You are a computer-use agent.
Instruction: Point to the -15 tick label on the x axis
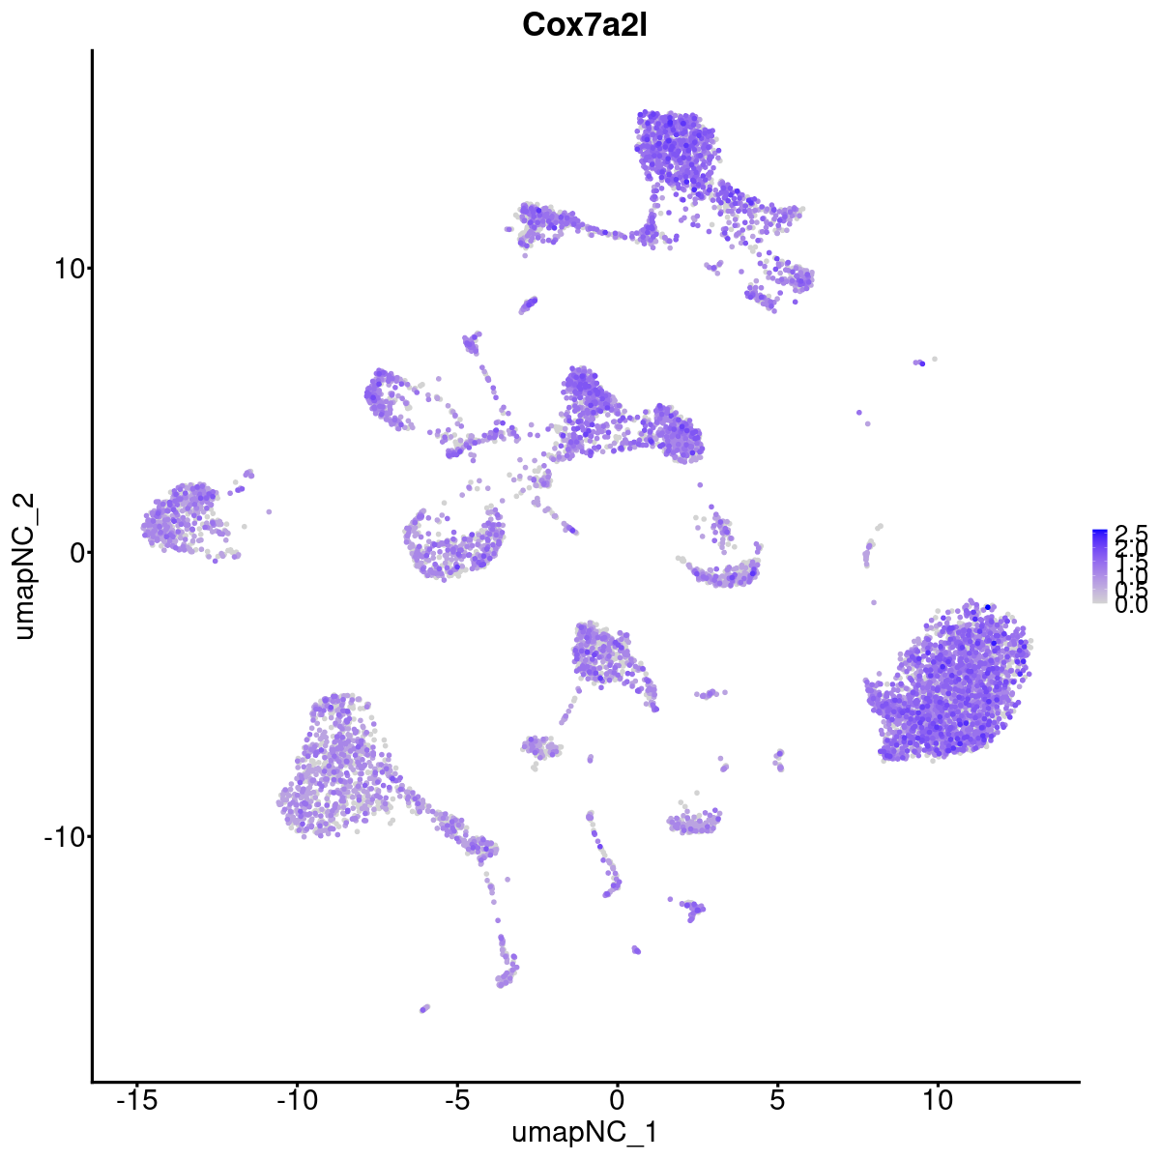click(137, 1100)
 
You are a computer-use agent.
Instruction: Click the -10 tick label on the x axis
click(297, 1100)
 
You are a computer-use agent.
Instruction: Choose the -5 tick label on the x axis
click(456, 1100)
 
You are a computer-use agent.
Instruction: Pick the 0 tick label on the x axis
click(617, 1100)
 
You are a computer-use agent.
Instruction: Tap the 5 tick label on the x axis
click(776, 1100)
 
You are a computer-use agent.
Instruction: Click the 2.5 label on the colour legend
click(1130, 534)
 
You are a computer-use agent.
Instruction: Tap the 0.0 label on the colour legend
click(1130, 605)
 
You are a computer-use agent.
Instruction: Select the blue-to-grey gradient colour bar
click(1100, 566)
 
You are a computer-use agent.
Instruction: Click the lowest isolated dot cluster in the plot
click(423, 1008)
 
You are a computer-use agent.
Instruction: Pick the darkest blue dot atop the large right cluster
click(987, 607)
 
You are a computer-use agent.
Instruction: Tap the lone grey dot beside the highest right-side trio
click(934, 359)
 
